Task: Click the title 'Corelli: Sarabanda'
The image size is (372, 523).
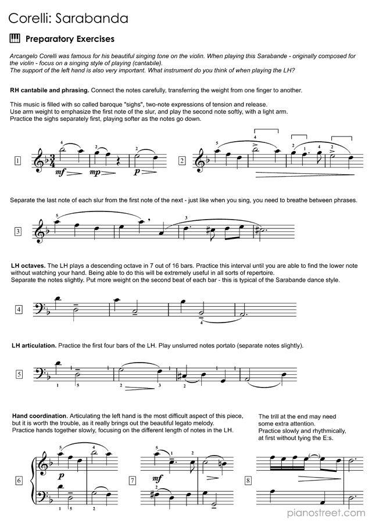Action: point(69,19)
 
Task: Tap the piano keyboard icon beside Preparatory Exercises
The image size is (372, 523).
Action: point(15,39)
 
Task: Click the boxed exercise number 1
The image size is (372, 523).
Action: point(18,161)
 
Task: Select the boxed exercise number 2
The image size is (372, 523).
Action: point(182,161)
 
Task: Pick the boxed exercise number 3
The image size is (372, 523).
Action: point(18,232)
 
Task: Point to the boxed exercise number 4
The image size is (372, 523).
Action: point(18,309)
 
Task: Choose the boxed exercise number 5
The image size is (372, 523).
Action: point(18,374)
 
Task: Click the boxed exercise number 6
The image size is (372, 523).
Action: point(18,481)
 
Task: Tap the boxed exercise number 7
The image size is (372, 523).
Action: point(132,481)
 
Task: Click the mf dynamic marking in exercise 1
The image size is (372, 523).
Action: point(60,173)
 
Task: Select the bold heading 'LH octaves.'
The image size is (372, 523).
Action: point(32,266)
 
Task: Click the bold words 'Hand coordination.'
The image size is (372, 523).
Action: point(40,417)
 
